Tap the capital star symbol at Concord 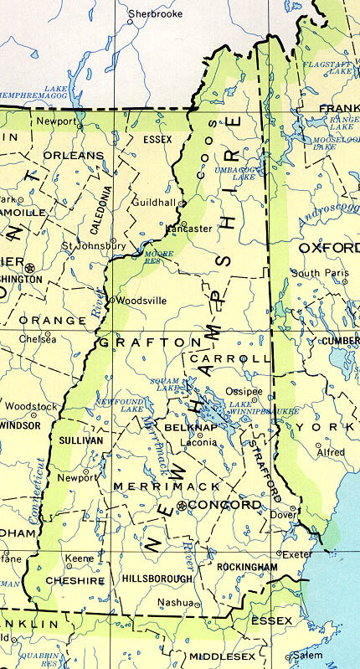pyautogui.click(x=182, y=506)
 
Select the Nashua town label pyautogui.click(x=177, y=601)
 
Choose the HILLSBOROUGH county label pyautogui.click(x=157, y=579)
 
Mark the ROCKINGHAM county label pyautogui.click(x=246, y=567)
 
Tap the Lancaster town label pyautogui.click(x=189, y=228)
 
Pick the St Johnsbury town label pyautogui.click(x=94, y=246)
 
